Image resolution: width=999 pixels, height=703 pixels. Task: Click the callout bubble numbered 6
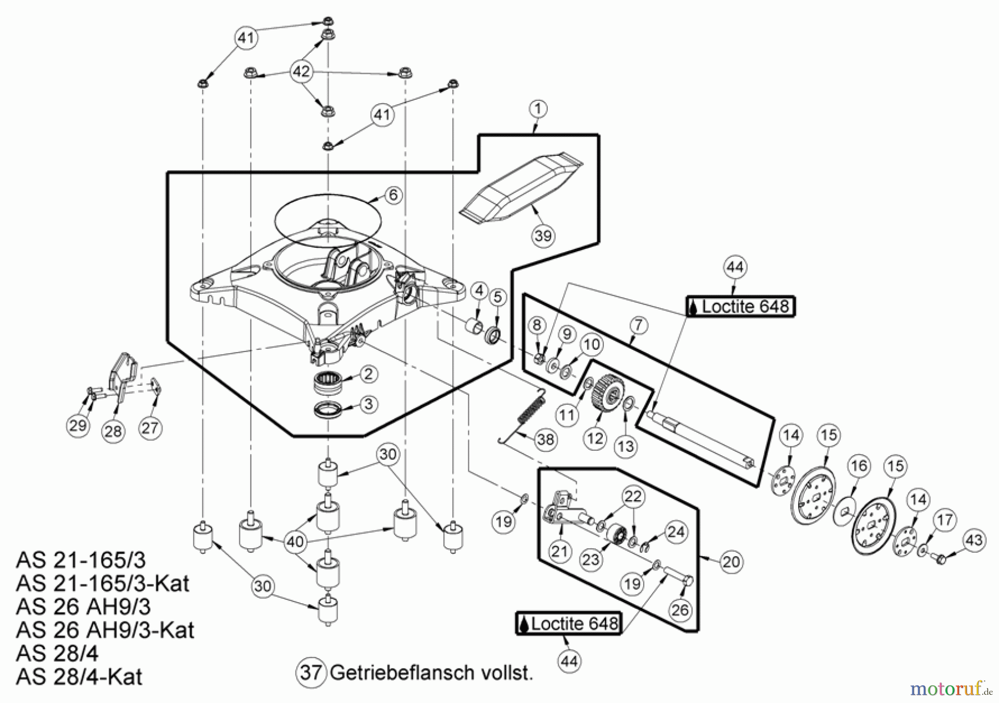tap(393, 195)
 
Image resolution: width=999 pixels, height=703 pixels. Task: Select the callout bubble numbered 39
tap(543, 236)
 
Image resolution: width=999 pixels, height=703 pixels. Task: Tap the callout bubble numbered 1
tap(537, 109)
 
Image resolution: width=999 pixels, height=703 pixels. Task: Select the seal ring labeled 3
tap(327, 410)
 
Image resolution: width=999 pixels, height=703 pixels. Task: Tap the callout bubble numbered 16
tap(859, 466)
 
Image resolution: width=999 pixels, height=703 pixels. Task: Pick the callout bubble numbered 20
tap(730, 562)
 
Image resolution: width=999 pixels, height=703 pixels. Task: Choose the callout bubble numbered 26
tap(680, 610)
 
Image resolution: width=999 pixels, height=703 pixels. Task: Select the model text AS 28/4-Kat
tap(79, 677)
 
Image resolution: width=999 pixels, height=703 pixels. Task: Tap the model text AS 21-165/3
tap(81, 560)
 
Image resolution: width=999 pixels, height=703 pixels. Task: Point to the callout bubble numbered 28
tap(113, 431)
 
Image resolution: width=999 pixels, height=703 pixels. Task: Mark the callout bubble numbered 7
tap(638, 325)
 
